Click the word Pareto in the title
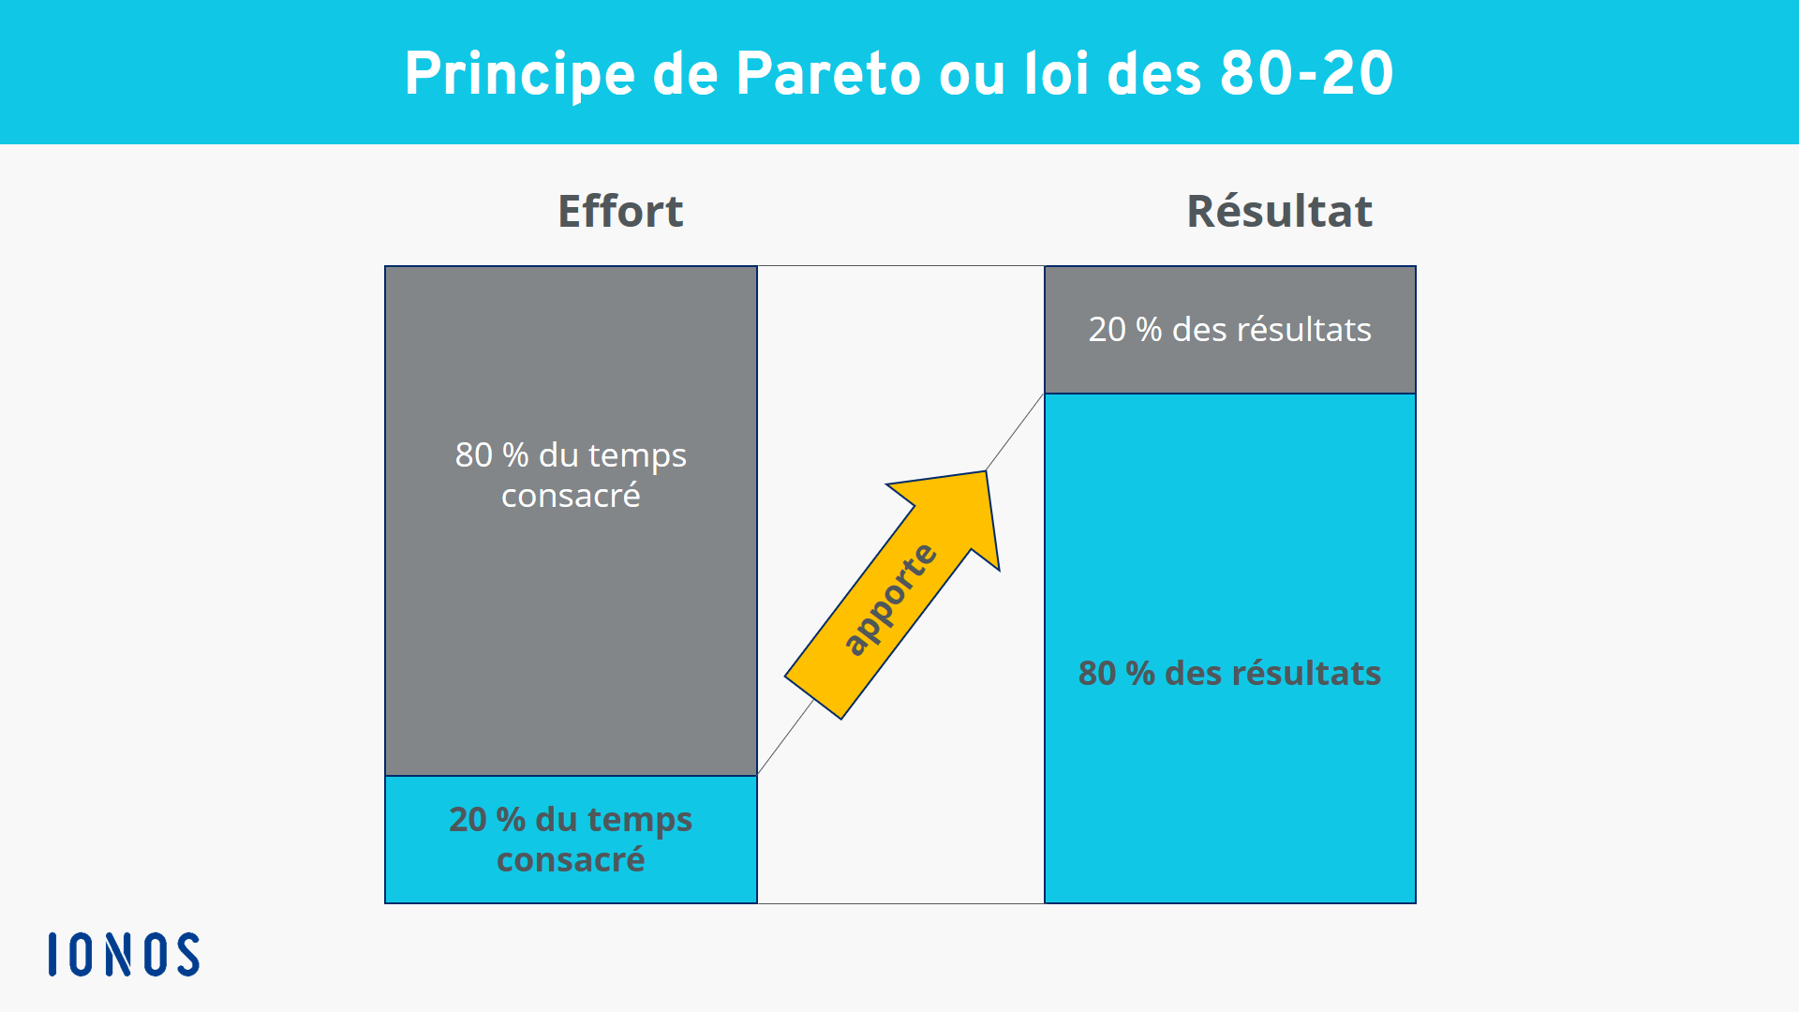point(828,73)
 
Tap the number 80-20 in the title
point(1307,73)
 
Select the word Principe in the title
point(520,75)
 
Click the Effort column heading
point(620,211)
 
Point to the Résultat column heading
point(1279,211)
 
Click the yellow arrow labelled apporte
point(892,595)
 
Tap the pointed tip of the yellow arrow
point(986,471)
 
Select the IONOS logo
point(124,954)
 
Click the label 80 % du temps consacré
point(571,475)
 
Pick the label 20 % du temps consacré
point(571,840)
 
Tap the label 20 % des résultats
point(1229,330)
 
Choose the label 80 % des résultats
point(1229,673)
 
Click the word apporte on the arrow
point(890,600)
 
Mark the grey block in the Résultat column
point(1229,330)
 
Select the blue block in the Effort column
point(571,840)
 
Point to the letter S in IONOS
point(186,954)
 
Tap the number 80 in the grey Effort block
point(473,455)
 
